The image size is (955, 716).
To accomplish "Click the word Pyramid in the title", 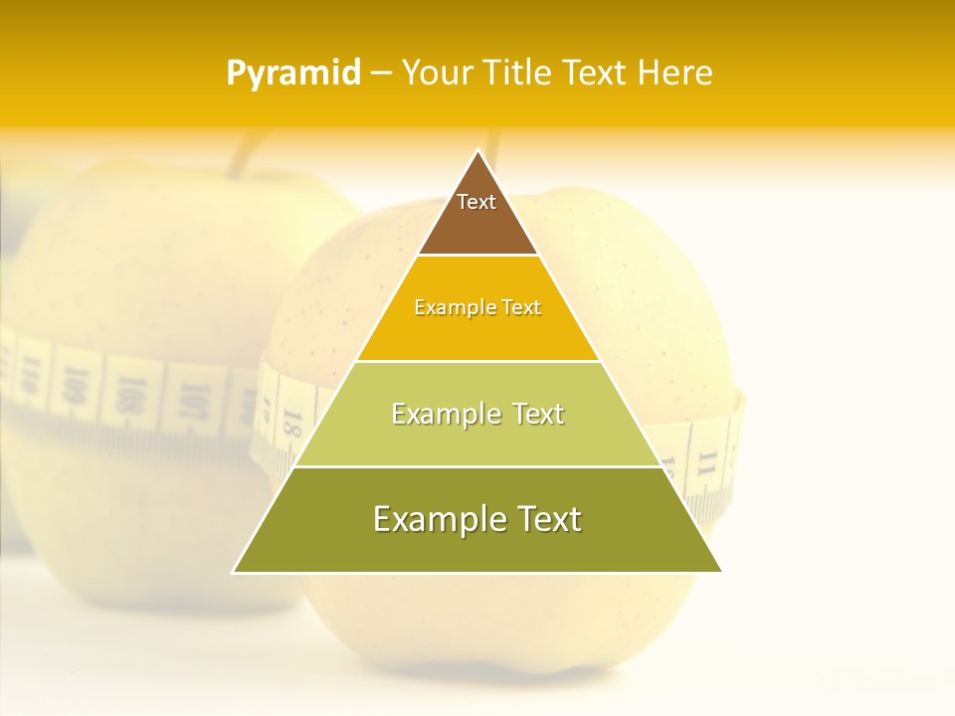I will point(293,74).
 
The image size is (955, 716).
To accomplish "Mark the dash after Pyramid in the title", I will point(380,74).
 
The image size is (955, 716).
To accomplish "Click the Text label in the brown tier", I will point(477,202).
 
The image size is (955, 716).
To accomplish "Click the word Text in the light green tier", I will point(536,414).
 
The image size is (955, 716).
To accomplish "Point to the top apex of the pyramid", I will point(477,152).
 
